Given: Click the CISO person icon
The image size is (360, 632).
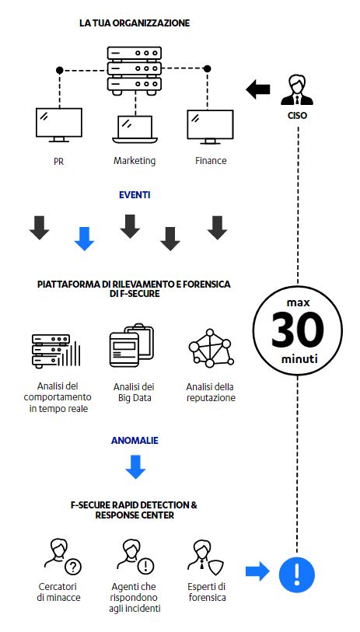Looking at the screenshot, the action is (x=297, y=91).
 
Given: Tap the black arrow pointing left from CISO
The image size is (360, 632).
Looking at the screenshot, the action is (x=258, y=89).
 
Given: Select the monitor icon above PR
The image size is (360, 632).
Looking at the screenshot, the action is (x=59, y=125).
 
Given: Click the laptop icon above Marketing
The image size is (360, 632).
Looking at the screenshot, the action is (x=135, y=129).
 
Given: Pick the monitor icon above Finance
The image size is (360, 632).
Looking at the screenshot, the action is (x=210, y=127).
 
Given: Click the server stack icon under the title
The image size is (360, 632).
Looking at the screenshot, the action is (x=135, y=71).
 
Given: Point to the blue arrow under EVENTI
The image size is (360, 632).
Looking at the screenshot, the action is (x=84, y=239).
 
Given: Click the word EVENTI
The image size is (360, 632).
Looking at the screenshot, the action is (x=135, y=195).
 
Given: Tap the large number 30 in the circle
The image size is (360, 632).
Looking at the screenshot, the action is (x=298, y=331).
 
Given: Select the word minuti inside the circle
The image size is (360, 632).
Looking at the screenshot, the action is (x=299, y=358).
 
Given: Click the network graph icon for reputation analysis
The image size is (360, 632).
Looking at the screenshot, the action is (x=211, y=348).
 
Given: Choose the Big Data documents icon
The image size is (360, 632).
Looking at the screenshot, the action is (x=132, y=345).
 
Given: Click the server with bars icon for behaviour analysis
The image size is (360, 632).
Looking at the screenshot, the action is (x=56, y=351).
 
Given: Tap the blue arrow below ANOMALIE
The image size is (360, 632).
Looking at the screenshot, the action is (x=135, y=466).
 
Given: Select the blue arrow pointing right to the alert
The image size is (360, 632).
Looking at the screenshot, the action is (x=257, y=571).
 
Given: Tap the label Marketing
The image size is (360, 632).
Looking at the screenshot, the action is (x=135, y=161).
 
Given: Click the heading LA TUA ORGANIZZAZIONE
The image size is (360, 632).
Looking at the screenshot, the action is (x=135, y=23).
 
